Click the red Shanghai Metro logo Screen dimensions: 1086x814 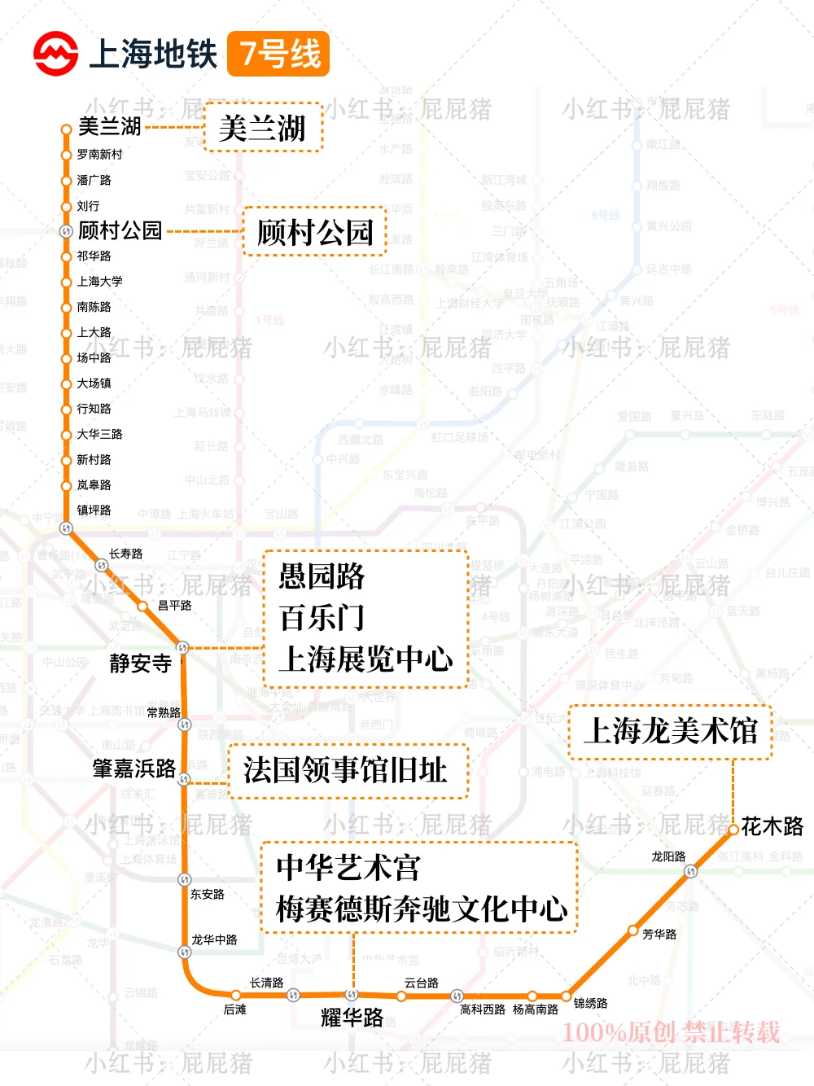tap(55, 54)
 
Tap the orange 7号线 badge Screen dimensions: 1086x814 tap(278, 54)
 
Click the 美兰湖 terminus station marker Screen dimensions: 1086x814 tap(67, 129)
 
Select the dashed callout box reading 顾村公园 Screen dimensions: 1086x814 tap(314, 232)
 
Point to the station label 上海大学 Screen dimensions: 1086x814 tap(99, 282)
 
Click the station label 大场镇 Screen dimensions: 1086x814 tap(94, 383)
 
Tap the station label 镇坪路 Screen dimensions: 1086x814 tap(94, 510)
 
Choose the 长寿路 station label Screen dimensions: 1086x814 tap(125, 554)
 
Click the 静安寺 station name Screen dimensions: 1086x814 tap(140, 663)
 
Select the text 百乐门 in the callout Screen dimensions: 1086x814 tap(322, 617)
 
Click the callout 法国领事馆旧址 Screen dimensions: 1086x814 tap(347, 769)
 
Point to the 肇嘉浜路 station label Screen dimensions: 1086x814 tap(134, 769)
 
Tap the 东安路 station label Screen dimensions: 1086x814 tap(207, 894)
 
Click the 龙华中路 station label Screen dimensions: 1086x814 tap(214, 939)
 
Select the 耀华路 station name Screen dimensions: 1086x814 tap(352, 1017)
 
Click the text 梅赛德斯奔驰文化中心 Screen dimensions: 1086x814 tap(421, 909)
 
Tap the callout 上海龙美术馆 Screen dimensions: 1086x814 tap(671, 731)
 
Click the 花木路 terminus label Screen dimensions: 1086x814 tap(772, 827)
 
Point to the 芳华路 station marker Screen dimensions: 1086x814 tap(633, 931)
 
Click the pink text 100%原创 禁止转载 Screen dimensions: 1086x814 tap(671, 1032)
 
